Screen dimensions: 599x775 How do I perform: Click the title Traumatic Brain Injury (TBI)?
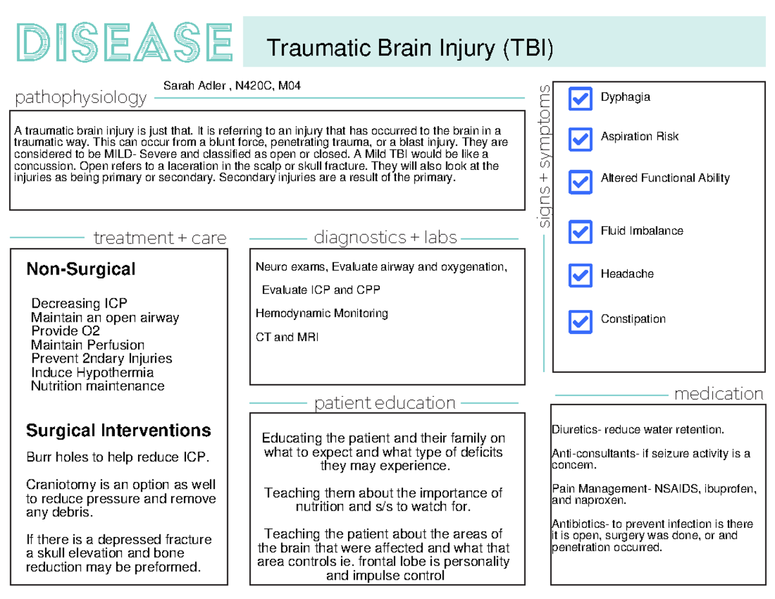click(410, 48)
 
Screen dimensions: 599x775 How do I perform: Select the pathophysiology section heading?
click(81, 98)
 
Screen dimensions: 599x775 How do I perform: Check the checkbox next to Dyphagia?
click(580, 99)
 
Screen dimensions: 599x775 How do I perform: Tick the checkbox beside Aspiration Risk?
click(580, 138)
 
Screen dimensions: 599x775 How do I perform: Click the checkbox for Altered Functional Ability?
click(580, 182)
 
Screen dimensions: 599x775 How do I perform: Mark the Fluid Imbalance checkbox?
click(580, 231)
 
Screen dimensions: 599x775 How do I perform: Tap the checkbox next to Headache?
click(580, 275)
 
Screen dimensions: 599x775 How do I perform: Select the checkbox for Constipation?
click(580, 321)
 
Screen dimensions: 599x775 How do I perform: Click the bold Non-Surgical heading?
click(81, 269)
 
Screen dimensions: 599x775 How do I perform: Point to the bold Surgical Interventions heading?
click(118, 430)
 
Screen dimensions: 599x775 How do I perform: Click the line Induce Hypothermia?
click(92, 373)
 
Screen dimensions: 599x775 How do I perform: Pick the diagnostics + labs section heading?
click(385, 238)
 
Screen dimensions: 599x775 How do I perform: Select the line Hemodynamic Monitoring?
click(322, 313)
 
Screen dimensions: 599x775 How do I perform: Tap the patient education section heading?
click(385, 403)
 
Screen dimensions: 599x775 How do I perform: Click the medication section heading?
click(718, 394)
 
